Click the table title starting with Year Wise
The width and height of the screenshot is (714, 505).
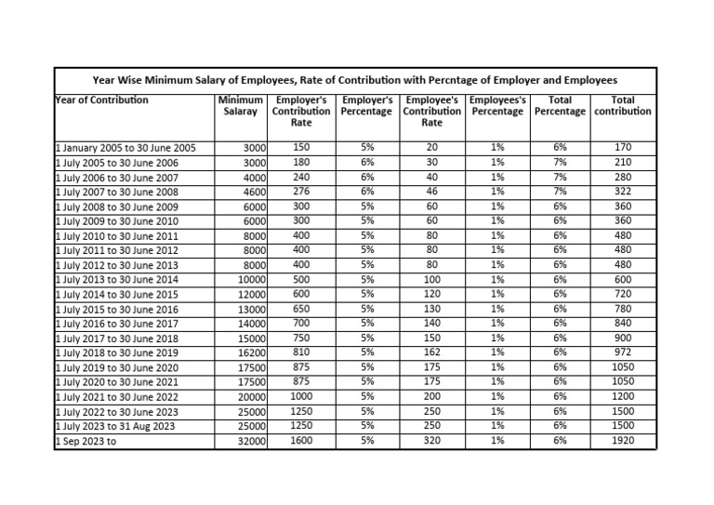click(x=356, y=80)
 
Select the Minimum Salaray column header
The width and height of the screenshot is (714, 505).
click(x=241, y=105)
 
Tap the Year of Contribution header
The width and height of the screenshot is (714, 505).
click(x=102, y=100)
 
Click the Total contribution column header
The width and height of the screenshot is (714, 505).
click(x=623, y=105)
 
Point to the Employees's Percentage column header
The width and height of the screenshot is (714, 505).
click(x=498, y=105)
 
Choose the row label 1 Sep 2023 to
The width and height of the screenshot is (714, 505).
click(x=86, y=440)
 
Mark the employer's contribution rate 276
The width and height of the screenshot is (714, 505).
click(x=301, y=192)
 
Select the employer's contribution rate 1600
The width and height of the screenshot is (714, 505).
click(x=301, y=441)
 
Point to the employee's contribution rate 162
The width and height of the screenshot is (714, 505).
click(x=431, y=353)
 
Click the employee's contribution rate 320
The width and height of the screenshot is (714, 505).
click(x=431, y=441)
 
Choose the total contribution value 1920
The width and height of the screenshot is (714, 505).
click(x=623, y=441)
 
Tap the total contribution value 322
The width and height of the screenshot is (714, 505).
click(x=623, y=192)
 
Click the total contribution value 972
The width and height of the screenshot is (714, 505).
click(x=623, y=353)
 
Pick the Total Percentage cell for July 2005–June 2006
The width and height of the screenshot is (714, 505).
click(x=560, y=162)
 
